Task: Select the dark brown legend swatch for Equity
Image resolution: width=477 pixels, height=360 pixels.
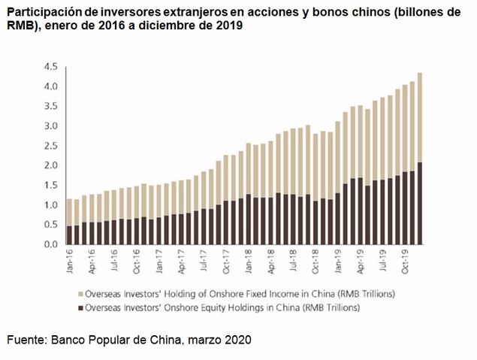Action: click(x=81, y=307)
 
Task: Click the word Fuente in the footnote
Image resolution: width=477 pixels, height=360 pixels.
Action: click(x=25, y=340)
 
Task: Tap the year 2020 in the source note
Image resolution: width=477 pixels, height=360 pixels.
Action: click(x=237, y=340)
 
